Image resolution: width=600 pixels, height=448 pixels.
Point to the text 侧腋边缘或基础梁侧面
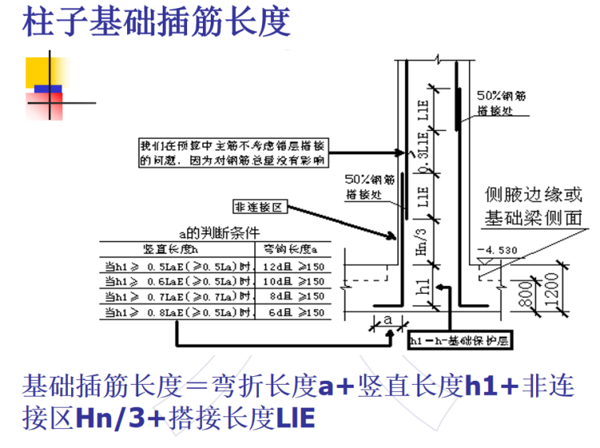pos(533,206)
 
